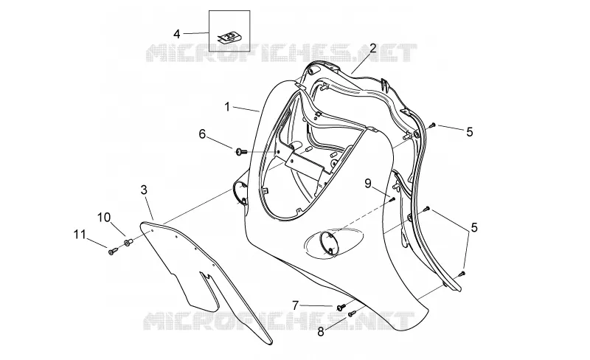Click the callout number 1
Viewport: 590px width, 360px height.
[x=227, y=107]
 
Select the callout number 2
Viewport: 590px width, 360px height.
[x=372, y=48]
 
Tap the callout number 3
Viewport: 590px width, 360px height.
[x=144, y=190]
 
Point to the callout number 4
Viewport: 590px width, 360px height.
[x=177, y=34]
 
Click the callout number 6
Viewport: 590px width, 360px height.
[x=202, y=134]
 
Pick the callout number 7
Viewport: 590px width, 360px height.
[x=296, y=305]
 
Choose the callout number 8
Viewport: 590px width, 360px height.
[x=321, y=332]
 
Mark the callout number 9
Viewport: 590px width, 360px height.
[x=367, y=184]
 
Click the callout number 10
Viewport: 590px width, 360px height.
[x=104, y=218]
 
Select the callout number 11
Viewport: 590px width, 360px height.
[x=80, y=235]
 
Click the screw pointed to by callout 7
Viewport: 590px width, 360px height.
[x=341, y=308]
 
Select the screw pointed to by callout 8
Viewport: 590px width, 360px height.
[x=352, y=314]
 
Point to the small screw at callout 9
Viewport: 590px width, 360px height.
[x=392, y=198]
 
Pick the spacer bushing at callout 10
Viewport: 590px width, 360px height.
[x=128, y=242]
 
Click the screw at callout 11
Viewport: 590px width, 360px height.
[x=112, y=251]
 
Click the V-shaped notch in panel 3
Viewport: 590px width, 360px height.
[x=206, y=278]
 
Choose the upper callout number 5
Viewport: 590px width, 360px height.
[x=470, y=132]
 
